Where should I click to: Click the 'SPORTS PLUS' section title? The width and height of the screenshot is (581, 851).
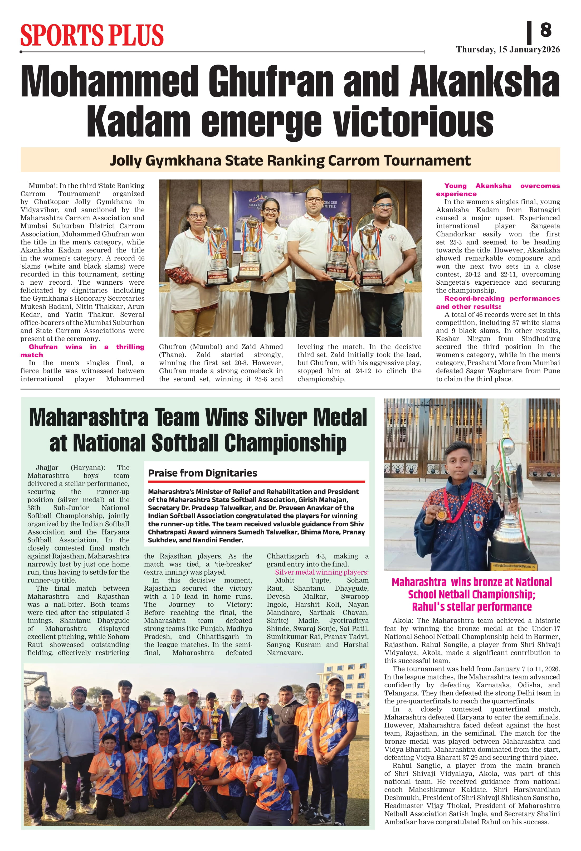click(x=92, y=36)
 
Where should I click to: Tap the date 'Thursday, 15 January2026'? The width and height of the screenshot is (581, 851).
click(x=508, y=50)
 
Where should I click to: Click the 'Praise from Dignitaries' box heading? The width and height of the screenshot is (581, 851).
click(x=202, y=473)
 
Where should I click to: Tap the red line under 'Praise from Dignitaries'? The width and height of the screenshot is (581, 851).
click(x=256, y=482)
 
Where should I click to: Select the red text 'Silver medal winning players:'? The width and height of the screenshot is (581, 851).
click(x=321, y=572)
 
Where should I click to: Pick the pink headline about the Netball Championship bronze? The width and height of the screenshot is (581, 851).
click(x=472, y=594)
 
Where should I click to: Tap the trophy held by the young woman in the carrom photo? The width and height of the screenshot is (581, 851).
click(x=250, y=249)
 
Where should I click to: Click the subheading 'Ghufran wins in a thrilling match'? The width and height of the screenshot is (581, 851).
click(x=82, y=351)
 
